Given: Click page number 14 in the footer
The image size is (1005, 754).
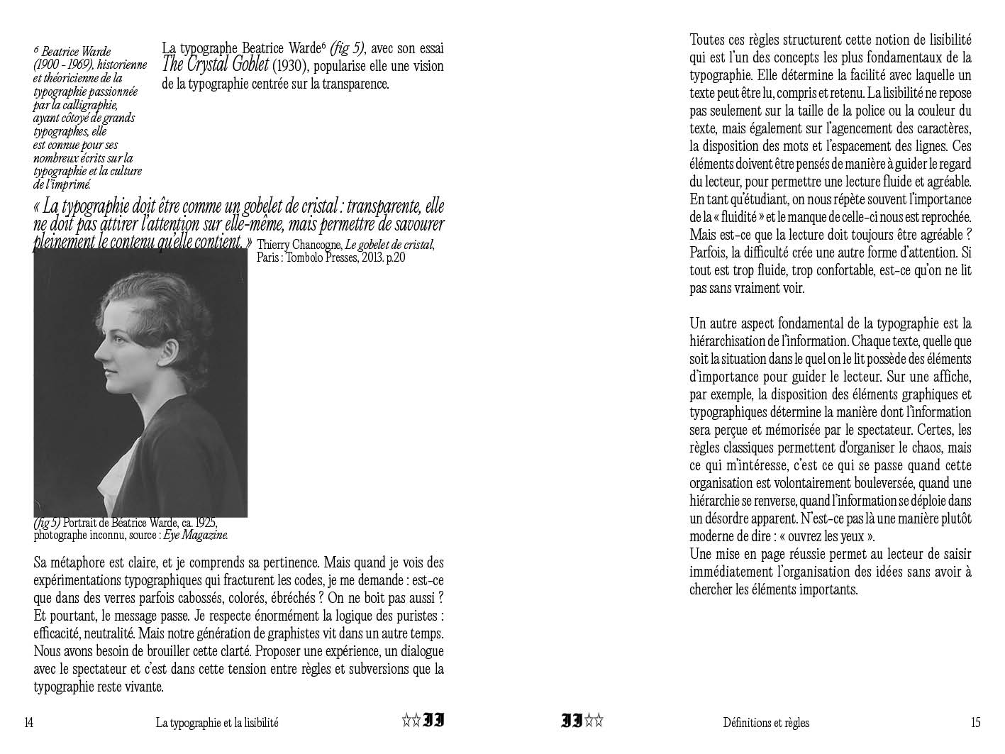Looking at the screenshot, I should tap(28, 723).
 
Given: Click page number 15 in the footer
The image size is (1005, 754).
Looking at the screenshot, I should tap(975, 723).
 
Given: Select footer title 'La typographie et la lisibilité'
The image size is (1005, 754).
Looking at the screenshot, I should tap(217, 723).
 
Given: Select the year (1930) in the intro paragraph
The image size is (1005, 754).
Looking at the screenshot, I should tap(290, 66).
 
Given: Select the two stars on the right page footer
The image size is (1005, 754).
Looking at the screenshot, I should tap(594, 722).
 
